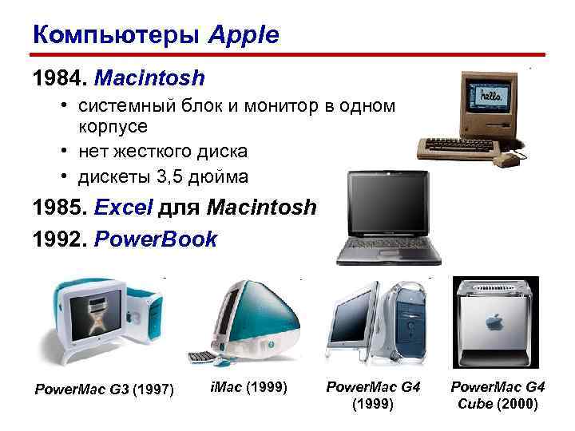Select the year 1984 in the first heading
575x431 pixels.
point(57,78)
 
